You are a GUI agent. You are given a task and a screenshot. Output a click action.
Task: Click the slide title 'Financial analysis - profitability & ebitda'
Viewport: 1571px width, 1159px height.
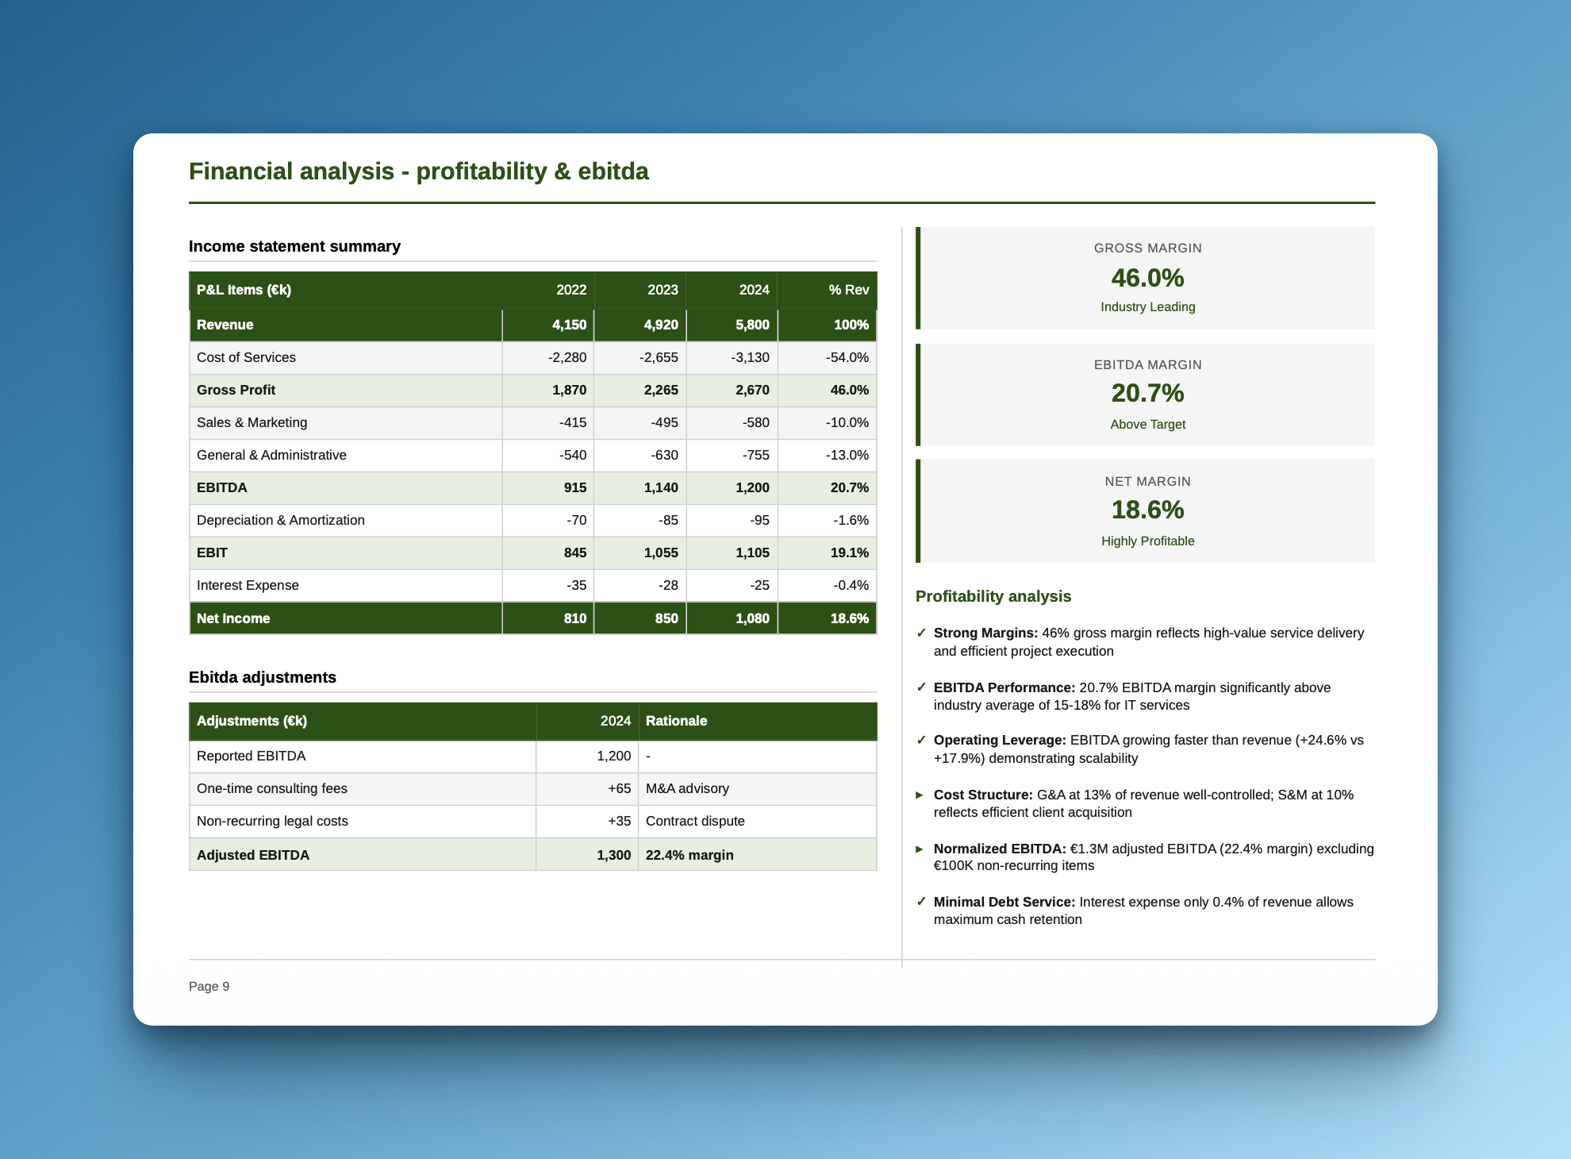[418, 171]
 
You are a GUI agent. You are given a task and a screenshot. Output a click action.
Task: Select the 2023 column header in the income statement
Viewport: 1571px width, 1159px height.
[663, 290]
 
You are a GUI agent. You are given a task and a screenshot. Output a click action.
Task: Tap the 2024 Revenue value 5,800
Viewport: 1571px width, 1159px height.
[752, 325]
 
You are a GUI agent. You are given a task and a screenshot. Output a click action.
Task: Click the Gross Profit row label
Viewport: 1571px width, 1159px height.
[236, 390]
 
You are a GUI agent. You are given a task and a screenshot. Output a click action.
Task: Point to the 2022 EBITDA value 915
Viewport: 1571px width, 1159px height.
[575, 487]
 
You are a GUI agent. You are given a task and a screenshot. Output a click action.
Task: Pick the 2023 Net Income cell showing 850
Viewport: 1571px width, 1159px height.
[666, 618]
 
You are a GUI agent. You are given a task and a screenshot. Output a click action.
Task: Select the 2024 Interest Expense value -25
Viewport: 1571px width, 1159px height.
[759, 585]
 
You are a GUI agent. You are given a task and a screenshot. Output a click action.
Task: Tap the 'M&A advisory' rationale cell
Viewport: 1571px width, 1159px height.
[687, 788]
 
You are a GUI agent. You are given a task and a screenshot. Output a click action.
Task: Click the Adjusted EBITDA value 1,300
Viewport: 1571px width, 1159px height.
[613, 855]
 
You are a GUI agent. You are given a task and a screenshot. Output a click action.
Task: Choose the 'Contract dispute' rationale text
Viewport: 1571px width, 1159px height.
[695, 821]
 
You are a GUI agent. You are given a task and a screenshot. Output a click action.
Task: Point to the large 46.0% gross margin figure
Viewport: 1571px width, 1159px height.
[1147, 278]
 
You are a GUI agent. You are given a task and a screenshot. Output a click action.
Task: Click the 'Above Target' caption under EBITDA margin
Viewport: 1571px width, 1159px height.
[1147, 424]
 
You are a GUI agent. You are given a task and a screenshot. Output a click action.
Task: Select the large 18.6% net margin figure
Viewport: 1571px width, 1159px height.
[1147, 510]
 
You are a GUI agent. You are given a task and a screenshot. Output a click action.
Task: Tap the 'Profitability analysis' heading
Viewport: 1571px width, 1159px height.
[993, 596]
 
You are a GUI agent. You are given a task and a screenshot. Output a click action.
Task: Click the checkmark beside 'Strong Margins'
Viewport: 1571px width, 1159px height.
[921, 633]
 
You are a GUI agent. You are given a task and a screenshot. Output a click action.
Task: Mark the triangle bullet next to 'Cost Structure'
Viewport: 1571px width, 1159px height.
[920, 795]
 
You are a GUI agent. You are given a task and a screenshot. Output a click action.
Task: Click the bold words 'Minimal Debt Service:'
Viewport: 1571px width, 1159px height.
[1004, 902]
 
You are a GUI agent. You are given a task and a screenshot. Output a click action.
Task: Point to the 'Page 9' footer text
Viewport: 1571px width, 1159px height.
[209, 986]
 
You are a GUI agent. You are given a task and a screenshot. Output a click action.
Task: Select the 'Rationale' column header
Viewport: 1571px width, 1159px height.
[676, 721]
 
